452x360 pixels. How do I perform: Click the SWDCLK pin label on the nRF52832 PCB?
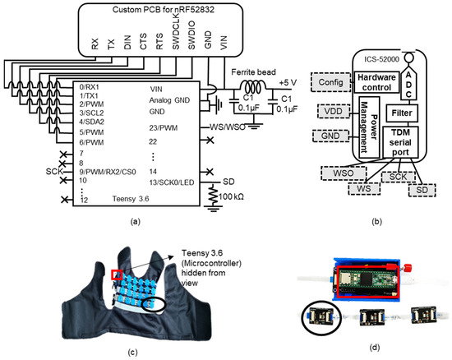pyautogui.click(x=176, y=33)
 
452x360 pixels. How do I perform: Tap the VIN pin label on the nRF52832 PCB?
pyautogui.click(x=224, y=43)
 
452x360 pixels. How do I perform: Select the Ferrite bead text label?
pyautogui.click(x=253, y=72)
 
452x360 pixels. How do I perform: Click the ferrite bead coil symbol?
pyautogui.click(x=253, y=86)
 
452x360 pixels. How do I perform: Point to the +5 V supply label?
pyautogui.click(x=288, y=83)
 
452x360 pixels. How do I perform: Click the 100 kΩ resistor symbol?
pyautogui.click(x=214, y=195)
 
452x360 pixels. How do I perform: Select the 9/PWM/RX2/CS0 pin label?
pyautogui.click(x=108, y=172)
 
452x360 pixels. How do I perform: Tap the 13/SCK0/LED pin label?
pyautogui.click(x=172, y=182)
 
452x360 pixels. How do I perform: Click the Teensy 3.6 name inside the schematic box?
pyautogui.click(x=131, y=199)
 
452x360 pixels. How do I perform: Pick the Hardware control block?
pyautogui.click(x=376, y=82)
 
